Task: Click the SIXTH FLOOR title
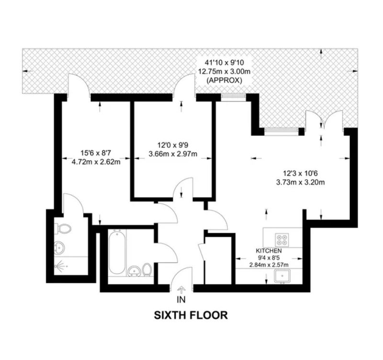(x=191, y=315)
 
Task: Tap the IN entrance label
(x=181, y=300)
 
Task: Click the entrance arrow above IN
(x=181, y=290)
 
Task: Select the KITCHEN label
(x=269, y=251)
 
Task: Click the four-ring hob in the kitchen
(x=282, y=240)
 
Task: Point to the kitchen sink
(x=282, y=277)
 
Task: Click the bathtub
(x=117, y=253)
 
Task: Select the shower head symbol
(x=59, y=266)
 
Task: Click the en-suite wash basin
(x=59, y=247)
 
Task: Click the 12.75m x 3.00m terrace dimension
(x=224, y=71)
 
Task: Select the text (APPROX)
(x=224, y=80)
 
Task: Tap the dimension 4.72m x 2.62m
(x=96, y=162)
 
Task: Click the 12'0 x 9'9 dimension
(x=173, y=145)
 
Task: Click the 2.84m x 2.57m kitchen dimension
(x=269, y=265)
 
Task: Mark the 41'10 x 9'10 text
(x=224, y=63)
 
